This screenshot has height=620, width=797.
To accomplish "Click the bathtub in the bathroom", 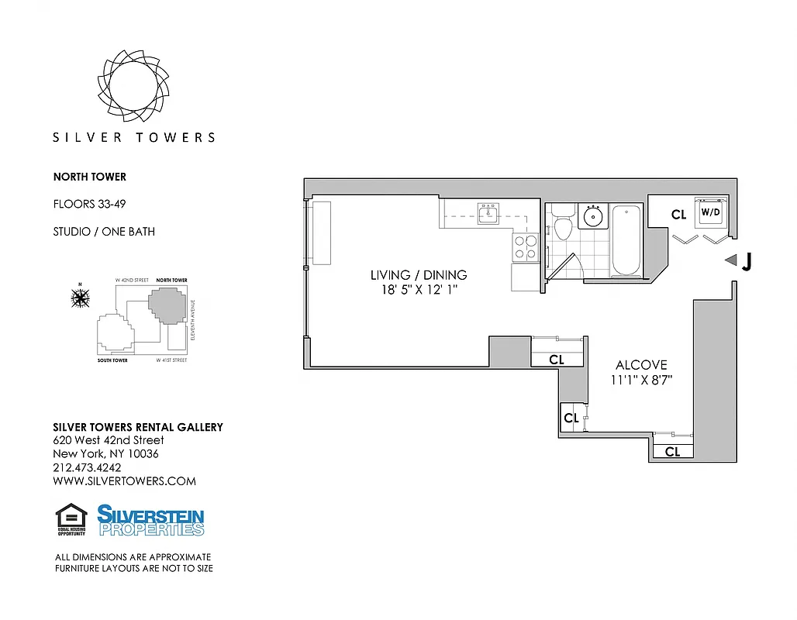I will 626,240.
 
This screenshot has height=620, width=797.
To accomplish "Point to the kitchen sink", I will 488,214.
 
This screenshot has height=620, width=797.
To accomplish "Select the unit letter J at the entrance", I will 747,262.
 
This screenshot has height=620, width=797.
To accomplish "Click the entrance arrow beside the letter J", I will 730,261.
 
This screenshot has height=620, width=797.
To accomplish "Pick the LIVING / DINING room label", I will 419,275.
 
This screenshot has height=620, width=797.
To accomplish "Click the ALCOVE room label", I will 641,365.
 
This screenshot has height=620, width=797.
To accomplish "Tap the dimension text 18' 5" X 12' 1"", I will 419,291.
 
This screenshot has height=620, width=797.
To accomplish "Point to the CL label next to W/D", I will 678,215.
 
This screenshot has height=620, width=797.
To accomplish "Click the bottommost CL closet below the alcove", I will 672,452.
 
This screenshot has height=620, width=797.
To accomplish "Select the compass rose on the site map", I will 79,297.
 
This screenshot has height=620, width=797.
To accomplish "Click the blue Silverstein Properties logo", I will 150,520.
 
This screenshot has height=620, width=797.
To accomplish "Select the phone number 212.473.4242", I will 87,467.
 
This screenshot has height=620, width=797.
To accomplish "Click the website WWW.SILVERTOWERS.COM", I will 124,481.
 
